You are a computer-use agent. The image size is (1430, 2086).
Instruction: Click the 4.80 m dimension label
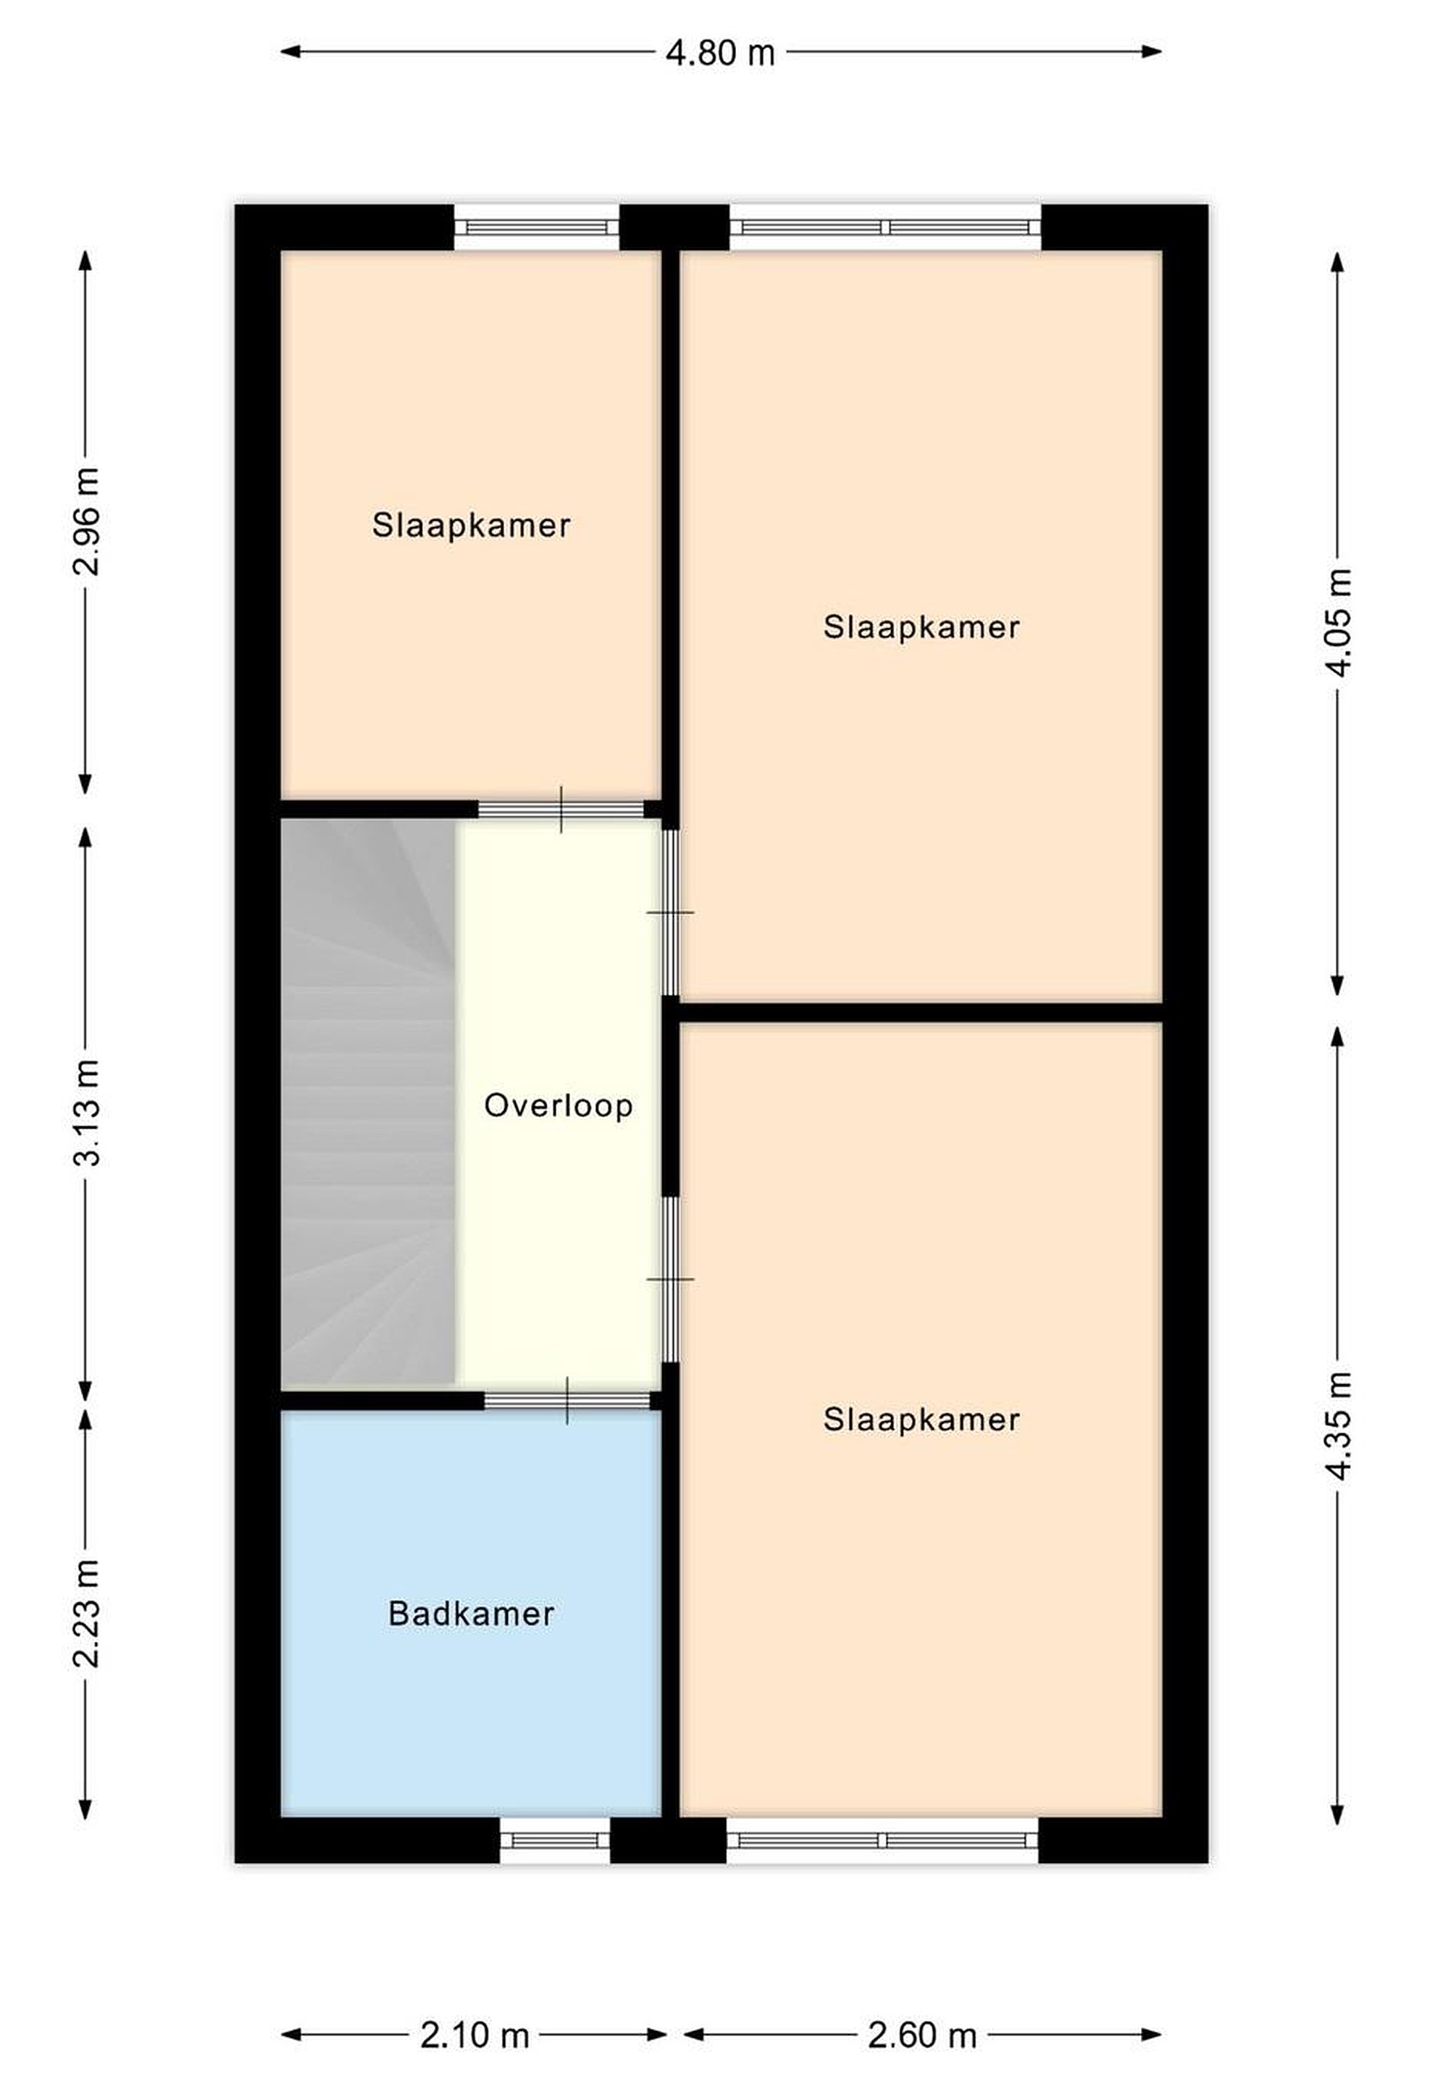pyautogui.click(x=720, y=53)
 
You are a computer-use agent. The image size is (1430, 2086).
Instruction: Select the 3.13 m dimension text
pyautogui.click(x=87, y=1112)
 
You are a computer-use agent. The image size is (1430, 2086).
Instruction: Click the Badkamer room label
pyautogui.click(x=472, y=1614)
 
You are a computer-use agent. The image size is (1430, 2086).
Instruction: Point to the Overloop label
pyautogui.click(x=559, y=1105)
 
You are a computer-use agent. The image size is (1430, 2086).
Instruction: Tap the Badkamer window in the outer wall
pyautogui.click(x=555, y=1839)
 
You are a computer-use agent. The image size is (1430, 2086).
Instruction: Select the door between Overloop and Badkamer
pyautogui.click(x=567, y=1400)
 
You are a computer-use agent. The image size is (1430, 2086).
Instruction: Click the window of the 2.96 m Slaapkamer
pyautogui.click(x=537, y=228)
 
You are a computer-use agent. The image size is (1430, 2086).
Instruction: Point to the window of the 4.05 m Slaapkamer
pyautogui.click(x=885, y=228)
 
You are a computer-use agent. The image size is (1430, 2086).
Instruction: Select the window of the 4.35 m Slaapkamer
pyautogui.click(x=882, y=1839)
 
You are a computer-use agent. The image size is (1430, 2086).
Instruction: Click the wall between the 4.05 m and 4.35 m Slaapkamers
pyautogui.click(x=921, y=1013)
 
